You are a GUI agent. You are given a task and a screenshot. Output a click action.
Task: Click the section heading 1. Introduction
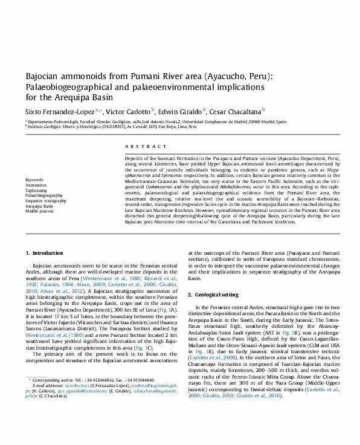tap(48, 252)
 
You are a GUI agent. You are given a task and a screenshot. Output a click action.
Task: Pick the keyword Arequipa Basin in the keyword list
tap(39, 206)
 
